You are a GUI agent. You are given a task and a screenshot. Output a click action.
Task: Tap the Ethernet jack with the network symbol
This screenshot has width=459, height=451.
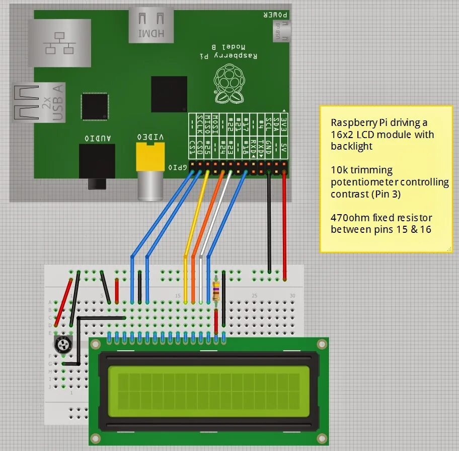59,42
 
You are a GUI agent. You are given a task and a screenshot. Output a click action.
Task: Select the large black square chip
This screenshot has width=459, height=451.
169,94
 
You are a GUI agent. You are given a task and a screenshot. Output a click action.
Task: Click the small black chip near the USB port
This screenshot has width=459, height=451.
95,106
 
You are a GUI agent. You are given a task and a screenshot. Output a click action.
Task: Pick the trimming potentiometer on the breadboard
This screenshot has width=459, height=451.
63,345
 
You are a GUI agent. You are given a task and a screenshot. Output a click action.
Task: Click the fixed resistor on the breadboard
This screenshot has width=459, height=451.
216,291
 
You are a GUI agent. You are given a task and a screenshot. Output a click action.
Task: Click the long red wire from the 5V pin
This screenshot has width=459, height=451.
285,227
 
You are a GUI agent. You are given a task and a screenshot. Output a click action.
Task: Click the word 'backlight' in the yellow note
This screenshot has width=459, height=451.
351,146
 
